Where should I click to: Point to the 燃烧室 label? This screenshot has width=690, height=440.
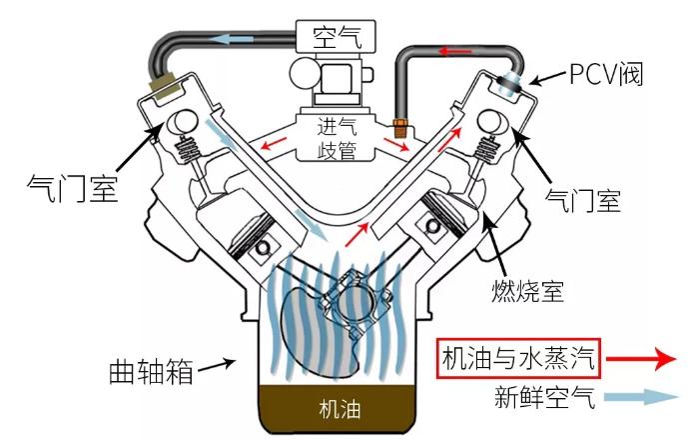tap(532, 291)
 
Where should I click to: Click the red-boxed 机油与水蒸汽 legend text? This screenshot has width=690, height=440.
tap(518, 357)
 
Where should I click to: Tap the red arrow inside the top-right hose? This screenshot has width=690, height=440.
tap(460, 50)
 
